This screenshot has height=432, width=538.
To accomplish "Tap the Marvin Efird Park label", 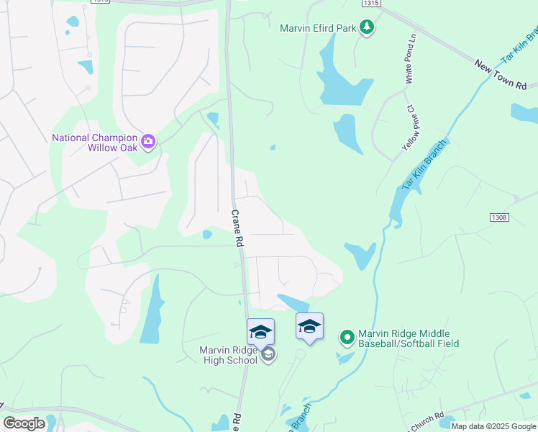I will coord(319,29).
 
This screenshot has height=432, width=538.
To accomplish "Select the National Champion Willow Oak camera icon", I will coord(149,141).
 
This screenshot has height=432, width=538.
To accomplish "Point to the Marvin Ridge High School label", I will coord(228,356).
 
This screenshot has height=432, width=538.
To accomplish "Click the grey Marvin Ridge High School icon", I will coord(268,354).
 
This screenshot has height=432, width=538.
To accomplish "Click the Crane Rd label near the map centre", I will coord(236,229).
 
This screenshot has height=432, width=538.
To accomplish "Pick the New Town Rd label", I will coord(501,75).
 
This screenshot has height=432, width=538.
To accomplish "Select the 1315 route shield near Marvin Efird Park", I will coord(370,4).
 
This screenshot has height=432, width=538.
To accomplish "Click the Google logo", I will coord(24,423).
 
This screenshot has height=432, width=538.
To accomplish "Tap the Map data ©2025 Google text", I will coord(493,426).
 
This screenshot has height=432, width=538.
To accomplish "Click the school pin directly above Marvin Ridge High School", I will coord(260,330).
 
